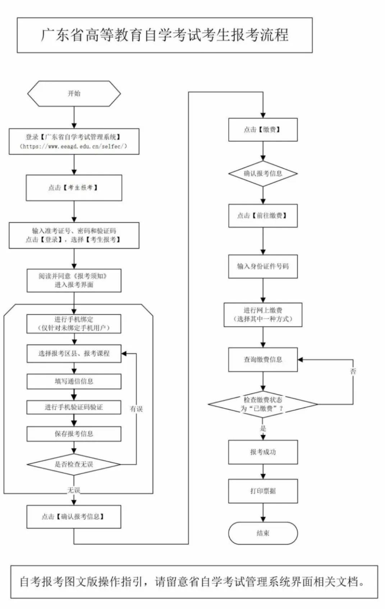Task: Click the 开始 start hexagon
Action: pos(74,93)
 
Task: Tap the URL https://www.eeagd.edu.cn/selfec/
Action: pos(74,146)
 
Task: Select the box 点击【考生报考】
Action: pos(74,188)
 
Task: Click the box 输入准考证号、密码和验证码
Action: pos(74,236)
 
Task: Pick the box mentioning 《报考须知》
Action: pos(74,280)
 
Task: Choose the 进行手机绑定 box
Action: pos(74,324)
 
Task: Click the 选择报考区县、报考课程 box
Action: pos(74,353)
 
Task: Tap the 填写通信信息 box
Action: pos(74,381)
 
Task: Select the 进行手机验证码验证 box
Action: pos(74,407)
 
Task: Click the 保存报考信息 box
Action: pos(74,434)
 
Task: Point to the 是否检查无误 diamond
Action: pos(74,464)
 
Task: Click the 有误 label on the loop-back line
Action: pos(136,409)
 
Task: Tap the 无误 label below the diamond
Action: pos(74,490)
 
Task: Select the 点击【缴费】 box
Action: pos(263,130)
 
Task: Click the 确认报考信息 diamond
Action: pos(263,173)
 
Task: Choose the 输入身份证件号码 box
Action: pos(263,266)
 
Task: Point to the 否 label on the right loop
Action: pos(353,371)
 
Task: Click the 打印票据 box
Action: pos(263,491)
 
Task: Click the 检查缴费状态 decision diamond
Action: pos(263,404)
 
